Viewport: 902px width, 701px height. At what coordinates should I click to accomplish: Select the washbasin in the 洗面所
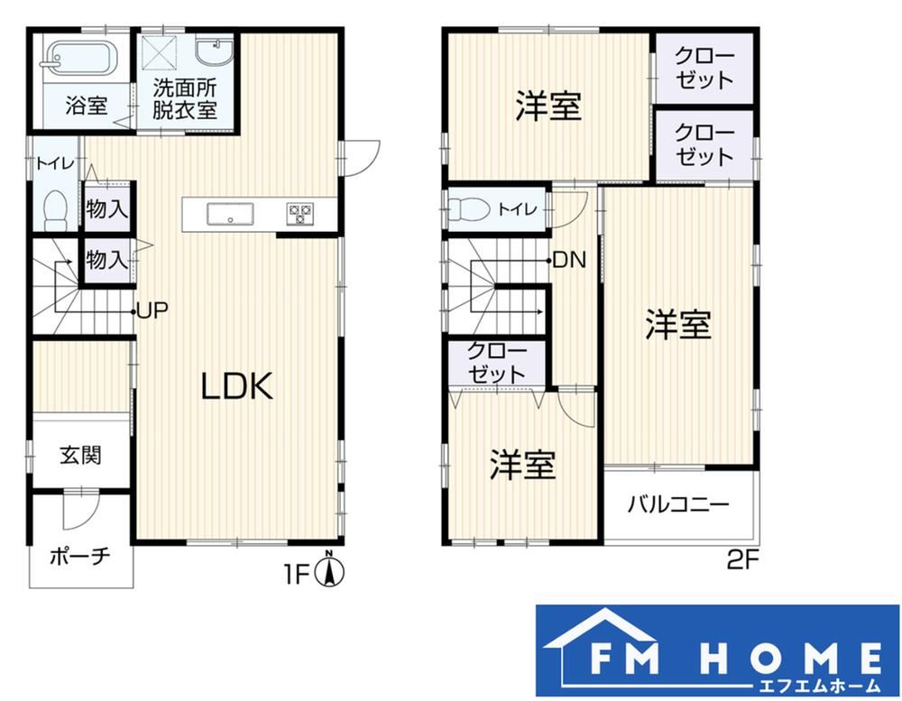point(214,51)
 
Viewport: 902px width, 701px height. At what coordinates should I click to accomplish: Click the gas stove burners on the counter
point(299,214)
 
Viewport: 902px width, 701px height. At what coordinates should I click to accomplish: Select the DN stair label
point(569,261)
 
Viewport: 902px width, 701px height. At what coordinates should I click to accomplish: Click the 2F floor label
point(743,559)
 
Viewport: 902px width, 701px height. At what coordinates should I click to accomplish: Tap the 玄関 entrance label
point(80,456)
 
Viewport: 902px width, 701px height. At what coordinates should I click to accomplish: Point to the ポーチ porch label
point(79,557)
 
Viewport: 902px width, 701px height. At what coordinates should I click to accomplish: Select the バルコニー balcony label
point(677,504)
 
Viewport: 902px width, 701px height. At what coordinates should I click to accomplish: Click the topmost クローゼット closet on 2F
point(704,69)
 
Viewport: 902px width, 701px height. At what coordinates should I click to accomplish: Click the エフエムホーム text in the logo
point(819,686)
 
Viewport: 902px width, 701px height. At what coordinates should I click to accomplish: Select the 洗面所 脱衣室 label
point(184,99)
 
